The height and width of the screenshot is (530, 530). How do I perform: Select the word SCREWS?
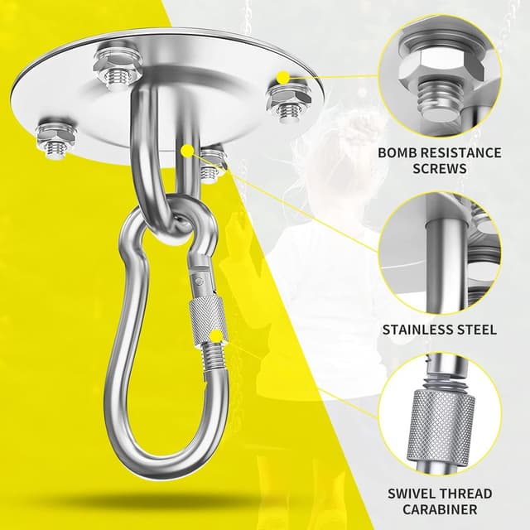[440, 168]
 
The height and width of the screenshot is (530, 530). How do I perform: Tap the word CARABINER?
[440, 509]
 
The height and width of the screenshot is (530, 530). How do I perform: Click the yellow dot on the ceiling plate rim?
[283, 78]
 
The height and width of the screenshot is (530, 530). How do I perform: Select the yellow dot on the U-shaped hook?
[187, 151]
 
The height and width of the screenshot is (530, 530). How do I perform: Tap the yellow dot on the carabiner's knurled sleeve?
[216, 337]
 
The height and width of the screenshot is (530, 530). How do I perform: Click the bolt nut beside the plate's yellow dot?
[289, 101]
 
